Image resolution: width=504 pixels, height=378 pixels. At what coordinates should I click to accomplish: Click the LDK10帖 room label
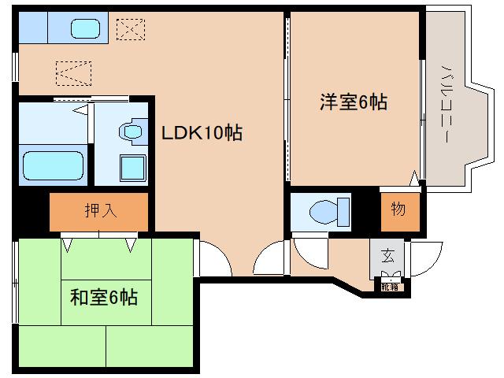click(202, 132)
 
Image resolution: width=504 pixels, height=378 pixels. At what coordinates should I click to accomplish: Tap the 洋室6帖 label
click(354, 102)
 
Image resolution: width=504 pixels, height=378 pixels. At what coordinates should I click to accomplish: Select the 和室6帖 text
click(104, 298)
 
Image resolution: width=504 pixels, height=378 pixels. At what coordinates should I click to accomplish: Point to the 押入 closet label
click(99, 210)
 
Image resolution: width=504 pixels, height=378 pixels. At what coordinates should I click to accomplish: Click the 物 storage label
click(398, 210)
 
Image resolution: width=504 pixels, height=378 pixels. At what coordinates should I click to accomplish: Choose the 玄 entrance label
click(388, 256)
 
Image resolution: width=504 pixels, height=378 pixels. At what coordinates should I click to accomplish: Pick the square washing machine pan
click(132, 168)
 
